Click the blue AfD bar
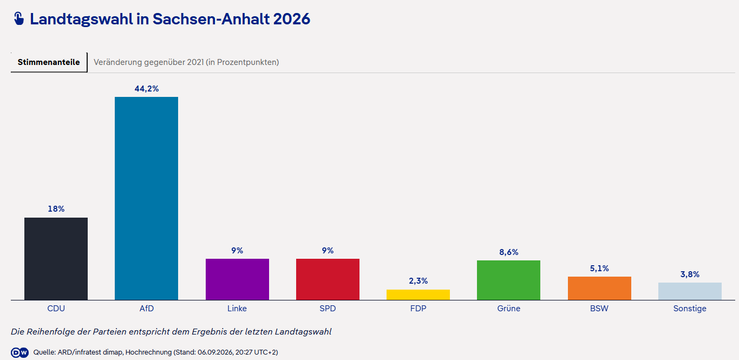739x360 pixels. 147,198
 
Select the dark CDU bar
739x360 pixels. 56,259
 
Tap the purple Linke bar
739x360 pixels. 237,279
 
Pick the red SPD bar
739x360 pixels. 328,279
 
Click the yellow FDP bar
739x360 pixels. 418,294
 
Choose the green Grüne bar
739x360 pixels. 508,280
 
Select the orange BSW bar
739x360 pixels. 599,288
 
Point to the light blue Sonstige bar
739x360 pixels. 690,291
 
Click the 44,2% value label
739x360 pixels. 147,89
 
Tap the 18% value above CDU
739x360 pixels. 56,209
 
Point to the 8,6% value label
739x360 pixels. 509,252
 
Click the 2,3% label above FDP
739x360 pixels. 418,281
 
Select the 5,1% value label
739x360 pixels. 599,269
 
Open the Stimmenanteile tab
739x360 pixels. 49,62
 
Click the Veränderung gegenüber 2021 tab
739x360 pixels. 186,62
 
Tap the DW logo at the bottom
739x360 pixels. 20,352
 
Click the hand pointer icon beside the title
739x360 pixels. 19,18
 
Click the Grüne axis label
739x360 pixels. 509,309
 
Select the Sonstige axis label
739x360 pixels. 690,309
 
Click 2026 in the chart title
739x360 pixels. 292,19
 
